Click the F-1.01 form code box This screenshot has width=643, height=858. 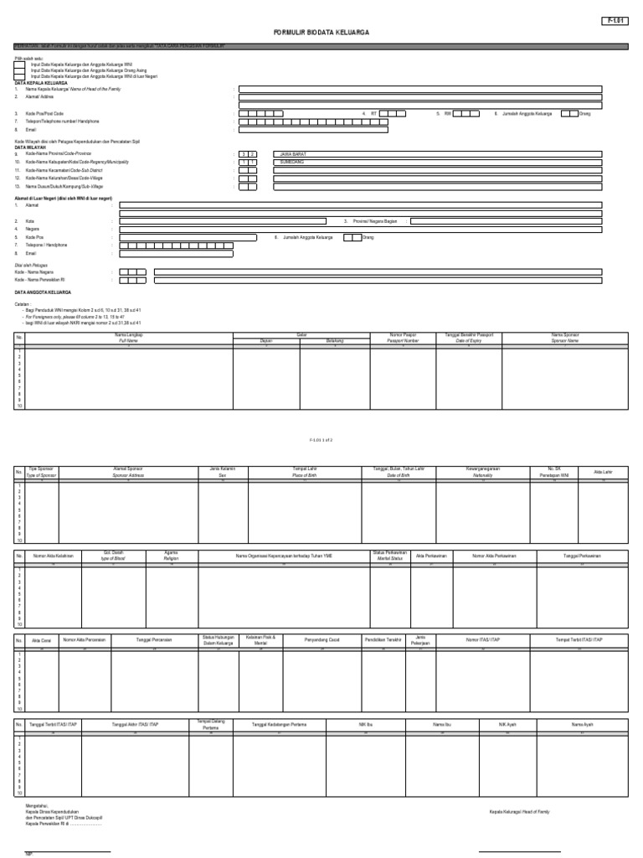[x=615, y=21]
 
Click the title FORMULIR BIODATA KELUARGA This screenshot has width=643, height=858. [x=321, y=31]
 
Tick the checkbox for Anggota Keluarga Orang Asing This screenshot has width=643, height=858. [x=20, y=70]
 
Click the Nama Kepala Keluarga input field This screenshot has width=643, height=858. [x=419, y=88]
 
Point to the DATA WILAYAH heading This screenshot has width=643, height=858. [x=30, y=147]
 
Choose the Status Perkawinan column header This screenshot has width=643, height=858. [x=388, y=555]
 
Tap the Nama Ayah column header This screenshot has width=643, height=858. [x=582, y=723]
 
